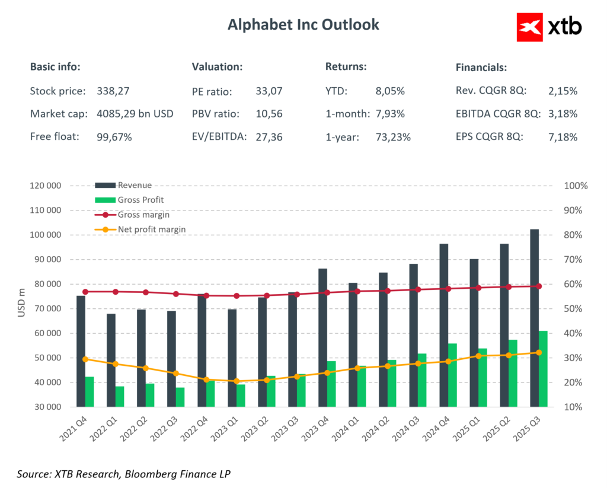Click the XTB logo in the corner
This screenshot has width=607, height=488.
[549, 27]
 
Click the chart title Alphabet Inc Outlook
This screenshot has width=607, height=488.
[303, 25]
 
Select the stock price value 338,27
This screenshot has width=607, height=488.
[113, 91]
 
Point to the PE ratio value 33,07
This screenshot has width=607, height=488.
[269, 92]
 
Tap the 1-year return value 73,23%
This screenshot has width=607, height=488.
[393, 136]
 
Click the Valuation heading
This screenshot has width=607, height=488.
[217, 66]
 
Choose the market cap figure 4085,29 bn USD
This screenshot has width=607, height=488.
[135, 114]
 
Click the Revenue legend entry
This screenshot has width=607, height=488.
[135, 185]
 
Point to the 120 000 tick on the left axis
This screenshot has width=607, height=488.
[46, 186]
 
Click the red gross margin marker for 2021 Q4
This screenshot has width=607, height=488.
[85, 292]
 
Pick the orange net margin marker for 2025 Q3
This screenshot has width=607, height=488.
[539, 353]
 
